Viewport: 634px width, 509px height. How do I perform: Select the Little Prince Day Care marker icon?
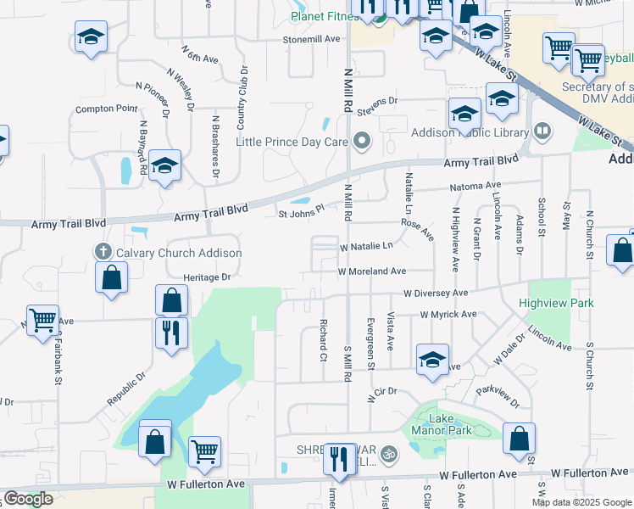(x=363, y=141)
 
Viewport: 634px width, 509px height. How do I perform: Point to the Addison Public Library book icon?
(x=542, y=132)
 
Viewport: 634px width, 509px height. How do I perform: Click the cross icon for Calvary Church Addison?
(x=103, y=252)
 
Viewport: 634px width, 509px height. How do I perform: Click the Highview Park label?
(x=557, y=303)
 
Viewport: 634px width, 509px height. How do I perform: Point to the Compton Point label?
(x=106, y=109)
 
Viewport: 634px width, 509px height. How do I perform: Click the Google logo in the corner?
(x=28, y=499)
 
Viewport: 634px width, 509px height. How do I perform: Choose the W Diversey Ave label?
(x=436, y=293)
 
